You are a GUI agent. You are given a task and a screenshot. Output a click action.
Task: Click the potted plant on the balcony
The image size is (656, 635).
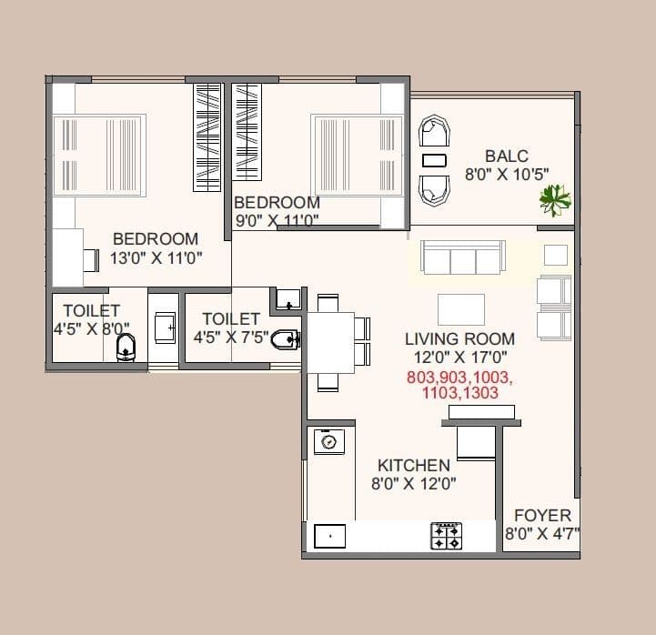[x=553, y=198]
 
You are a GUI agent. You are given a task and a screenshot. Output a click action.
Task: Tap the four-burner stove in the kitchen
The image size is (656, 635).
[x=446, y=536]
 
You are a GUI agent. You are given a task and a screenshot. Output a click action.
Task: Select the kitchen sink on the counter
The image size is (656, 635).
[x=329, y=537]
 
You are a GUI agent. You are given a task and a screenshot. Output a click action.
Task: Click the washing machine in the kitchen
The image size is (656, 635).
[x=328, y=442]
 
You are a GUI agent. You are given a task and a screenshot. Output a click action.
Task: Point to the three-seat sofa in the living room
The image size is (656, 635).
[x=462, y=257]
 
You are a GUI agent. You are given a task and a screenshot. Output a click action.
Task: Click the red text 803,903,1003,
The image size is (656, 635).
[x=459, y=378]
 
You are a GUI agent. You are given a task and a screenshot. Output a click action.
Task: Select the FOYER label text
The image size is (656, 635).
[x=542, y=515]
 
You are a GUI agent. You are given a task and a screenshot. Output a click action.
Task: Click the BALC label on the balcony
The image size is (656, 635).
[x=506, y=156]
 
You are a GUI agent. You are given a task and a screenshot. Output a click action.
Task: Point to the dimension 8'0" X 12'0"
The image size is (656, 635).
[x=413, y=484]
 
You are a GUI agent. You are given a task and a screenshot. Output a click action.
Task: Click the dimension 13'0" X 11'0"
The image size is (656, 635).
[x=156, y=257]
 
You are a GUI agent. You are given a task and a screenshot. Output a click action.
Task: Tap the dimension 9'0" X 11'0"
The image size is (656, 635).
[x=276, y=219]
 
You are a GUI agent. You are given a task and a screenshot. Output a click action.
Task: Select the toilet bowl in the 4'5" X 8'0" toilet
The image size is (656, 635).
[x=127, y=346]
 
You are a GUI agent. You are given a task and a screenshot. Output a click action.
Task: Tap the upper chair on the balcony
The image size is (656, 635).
[x=434, y=133]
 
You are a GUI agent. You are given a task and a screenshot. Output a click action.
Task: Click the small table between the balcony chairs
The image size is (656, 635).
[x=435, y=160]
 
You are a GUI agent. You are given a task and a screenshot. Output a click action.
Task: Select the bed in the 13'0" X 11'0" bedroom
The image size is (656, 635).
[x=98, y=155]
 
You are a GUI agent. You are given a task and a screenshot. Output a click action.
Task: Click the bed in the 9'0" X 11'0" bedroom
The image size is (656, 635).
[x=356, y=155]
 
